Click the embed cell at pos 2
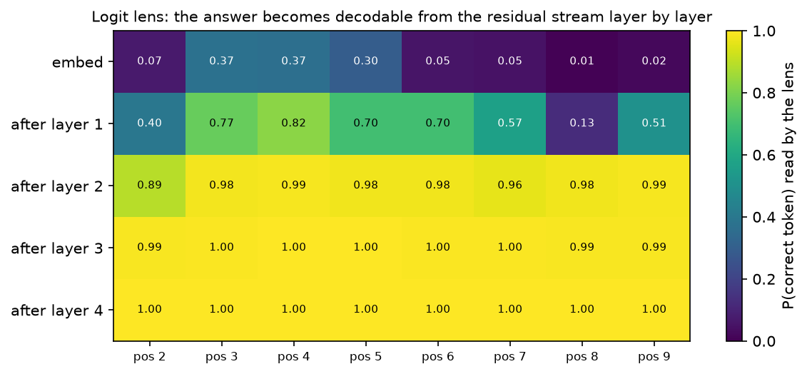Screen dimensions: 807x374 coord(149,62)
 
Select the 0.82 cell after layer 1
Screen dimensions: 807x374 coord(293,123)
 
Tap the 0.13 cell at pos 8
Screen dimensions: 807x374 coord(582,123)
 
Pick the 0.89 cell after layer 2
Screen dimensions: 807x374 coord(149,186)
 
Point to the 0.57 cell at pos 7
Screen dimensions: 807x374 coord(509,123)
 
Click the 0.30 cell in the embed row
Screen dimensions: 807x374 coord(365,62)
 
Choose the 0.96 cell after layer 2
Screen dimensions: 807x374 coord(509,186)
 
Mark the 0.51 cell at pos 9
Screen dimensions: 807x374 coord(654,123)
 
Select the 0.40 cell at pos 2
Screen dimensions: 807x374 coord(149,123)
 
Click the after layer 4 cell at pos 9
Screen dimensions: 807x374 coord(654,310)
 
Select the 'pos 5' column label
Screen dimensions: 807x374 coord(365,356)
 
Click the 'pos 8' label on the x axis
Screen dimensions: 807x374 coord(582,356)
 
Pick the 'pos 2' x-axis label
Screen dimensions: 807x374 coord(149,356)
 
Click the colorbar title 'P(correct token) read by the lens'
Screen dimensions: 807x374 coord(788,186)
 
